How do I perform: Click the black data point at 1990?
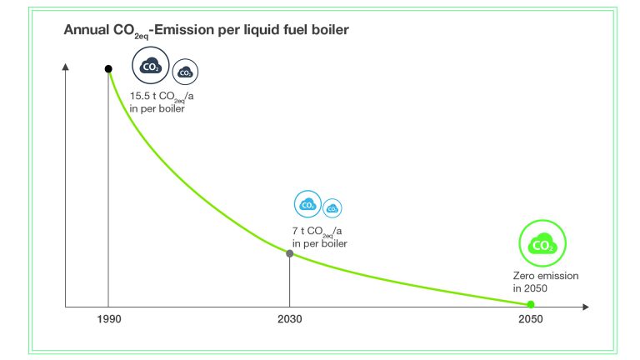coord(108,68)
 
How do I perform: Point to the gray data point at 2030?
coord(289,252)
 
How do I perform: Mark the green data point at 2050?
coord(530,305)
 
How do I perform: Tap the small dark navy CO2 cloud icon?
coord(185,72)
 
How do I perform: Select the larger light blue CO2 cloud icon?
coord(307,203)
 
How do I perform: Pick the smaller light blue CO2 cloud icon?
coord(332,207)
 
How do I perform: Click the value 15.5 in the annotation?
coord(139,97)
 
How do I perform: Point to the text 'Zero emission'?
coord(545,276)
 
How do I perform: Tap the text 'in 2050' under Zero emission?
coord(530,287)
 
